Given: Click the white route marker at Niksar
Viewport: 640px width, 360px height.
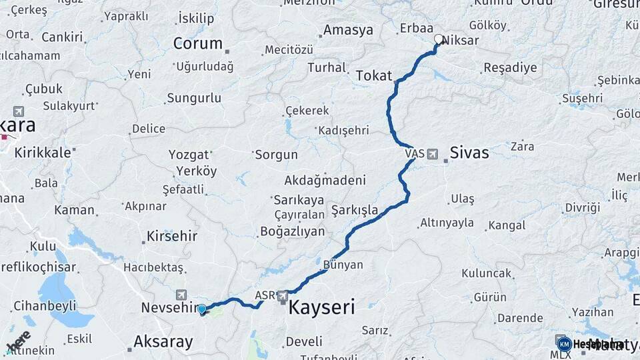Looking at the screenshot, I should [439, 39].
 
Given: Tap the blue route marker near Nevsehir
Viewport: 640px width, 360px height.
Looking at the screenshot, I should [201, 309].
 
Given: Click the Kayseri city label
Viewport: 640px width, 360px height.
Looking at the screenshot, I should [321, 307].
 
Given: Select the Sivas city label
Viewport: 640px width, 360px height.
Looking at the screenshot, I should [469, 153].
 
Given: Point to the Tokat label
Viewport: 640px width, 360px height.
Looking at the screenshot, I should [373, 75].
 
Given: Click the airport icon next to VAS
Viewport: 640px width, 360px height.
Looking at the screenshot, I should [433, 154].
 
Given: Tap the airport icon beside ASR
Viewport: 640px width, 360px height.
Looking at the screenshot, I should [283, 295].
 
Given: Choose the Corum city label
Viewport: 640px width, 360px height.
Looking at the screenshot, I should [197, 43].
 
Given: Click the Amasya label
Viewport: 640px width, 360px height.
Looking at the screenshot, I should [348, 30].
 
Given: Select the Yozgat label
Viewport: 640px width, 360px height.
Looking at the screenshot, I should [188, 155].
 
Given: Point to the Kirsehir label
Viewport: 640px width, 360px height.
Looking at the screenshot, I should [172, 237].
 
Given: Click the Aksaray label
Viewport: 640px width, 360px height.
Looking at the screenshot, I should [163, 342].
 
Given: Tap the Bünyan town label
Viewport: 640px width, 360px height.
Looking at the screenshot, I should [343, 265].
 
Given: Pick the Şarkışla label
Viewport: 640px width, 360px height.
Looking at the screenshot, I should [354, 211].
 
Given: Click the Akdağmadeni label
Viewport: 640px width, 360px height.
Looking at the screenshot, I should [325, 180].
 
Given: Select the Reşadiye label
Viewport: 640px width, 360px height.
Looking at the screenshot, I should [510, 68].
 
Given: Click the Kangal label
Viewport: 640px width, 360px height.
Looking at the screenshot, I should [507, 225].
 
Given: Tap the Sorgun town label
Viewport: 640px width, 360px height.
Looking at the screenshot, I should [275, 155].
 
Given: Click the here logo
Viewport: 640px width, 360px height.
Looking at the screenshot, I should [18, 341].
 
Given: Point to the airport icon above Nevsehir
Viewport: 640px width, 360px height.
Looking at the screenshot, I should [181, 295].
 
